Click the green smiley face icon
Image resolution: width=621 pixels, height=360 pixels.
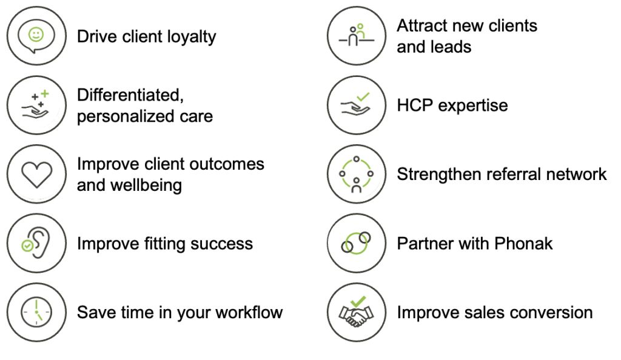click(x=36, y=35)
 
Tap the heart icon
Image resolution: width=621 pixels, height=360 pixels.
click(x=36, y=175)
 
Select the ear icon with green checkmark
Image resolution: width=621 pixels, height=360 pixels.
click(x=36, y=243)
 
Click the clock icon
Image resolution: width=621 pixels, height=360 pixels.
click(x=36, y=312)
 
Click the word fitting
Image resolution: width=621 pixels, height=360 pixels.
click(x=164, y=244)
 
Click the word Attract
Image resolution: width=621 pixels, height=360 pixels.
click(x=422, y=25)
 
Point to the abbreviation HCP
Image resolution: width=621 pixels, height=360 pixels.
click(x=415, y=105)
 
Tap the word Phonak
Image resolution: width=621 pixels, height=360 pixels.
click(x=523, y=244)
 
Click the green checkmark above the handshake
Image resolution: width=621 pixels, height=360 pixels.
click(x=358, y=301)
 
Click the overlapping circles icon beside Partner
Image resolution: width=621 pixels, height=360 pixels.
click(x=356, y=242)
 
